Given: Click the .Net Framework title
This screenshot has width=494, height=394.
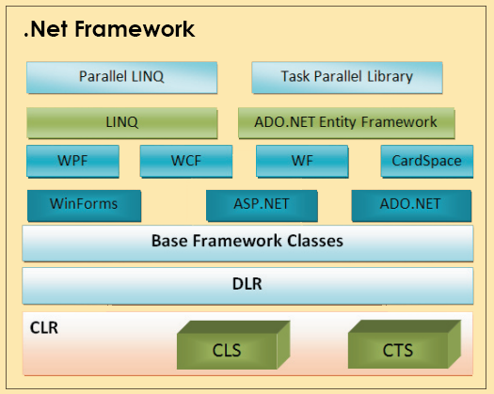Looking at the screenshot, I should click(108, 29).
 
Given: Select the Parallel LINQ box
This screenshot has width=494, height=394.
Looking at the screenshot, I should click(122, 77).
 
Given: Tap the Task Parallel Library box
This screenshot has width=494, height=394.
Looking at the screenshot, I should click(347, 77).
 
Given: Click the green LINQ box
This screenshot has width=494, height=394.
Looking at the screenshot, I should click(122, 122).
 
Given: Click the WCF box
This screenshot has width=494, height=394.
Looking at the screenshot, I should click(186, 161).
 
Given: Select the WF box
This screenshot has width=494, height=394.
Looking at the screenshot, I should click(303, 161).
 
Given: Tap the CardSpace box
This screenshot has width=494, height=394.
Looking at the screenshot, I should click(426, 161).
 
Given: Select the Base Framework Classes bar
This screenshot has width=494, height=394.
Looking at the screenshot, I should click(247, 242).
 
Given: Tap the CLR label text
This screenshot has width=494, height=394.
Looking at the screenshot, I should click(44, 328).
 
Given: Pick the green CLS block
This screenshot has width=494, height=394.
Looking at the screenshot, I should click(226, 348).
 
